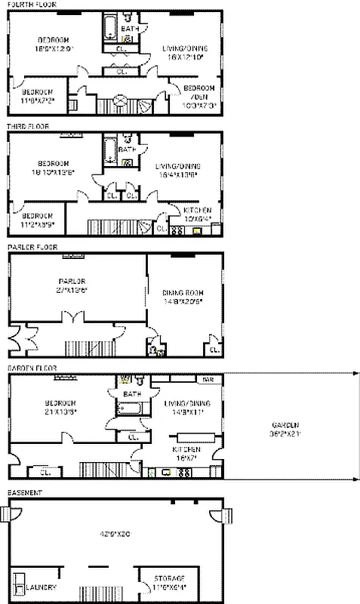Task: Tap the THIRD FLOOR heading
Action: click(28, 126)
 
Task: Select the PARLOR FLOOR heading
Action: click(31, 247)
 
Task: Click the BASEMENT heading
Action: click(25, 492)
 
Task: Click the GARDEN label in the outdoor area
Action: click(291, 424)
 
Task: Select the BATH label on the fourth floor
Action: click(130, 29)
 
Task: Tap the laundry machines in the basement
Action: click(19, 584)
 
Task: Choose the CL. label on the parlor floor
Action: click(214, 350)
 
